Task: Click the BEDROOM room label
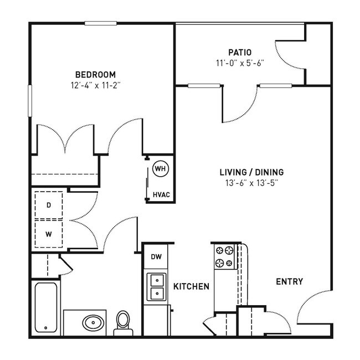click(95, 74)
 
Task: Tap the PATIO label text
click(240, 53)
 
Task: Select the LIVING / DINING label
click(251, 172)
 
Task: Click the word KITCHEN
click(191, 286)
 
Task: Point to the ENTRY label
click(289, 282)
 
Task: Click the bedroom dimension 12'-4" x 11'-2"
click(95, 85)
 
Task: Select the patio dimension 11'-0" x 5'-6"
click(240, 63)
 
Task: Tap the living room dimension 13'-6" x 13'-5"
click(251, 183)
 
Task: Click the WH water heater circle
click(160, 168)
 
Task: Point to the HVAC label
click(161, 194)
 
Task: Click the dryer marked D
click(49, 205)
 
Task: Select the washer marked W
click(49, 234)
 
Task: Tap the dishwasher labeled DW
click(156, 256)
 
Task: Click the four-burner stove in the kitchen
click(226, 256)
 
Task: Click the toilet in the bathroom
click(123, 322)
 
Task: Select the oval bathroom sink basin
click(90, 322)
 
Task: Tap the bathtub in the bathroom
click(46, 308)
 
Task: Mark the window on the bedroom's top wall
click(100, 23)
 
